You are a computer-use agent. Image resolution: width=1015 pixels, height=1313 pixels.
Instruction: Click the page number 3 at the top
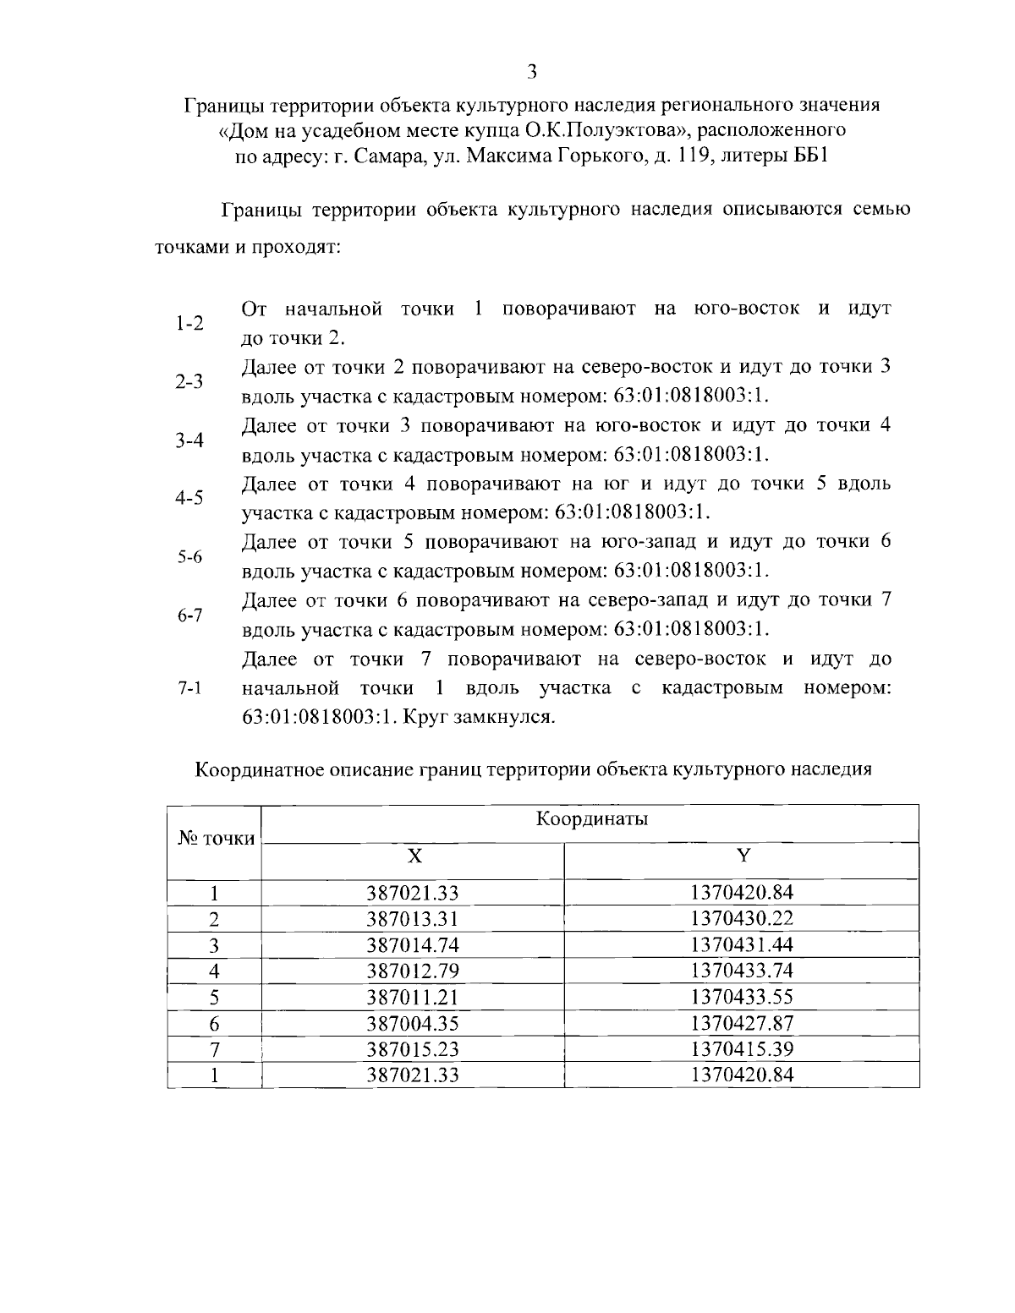(x=531, y=72)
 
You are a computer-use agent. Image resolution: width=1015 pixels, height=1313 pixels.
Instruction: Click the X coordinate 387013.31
(x=412, y=918)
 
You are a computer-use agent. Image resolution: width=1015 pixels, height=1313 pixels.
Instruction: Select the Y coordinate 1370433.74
(x=742, y=971)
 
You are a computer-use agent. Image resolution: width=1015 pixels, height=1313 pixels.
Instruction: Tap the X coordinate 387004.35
(x=412, y=1023)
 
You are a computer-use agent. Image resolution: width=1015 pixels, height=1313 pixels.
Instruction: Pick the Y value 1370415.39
(x=742, y=1049)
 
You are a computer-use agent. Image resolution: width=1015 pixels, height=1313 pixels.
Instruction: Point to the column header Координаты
(x=591, y=819)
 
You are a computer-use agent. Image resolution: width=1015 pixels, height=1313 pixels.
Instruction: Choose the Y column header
(x=743, y=856)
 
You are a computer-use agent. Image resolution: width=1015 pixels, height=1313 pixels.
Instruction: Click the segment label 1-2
(x=189, y=324)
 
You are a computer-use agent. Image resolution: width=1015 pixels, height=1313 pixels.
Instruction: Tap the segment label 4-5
(x=189, y=498)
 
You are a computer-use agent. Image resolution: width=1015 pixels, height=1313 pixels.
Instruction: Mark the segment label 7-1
(x=189, y=689)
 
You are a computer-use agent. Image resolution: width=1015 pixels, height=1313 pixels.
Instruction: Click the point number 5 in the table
(x=215, y=997)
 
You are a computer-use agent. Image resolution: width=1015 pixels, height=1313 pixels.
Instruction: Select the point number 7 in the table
(x=215, y=1049)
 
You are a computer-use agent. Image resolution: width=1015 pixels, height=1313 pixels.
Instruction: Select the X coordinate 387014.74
(x=412, y=944)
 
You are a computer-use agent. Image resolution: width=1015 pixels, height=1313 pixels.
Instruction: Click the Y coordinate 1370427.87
(x=742, y=1023)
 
